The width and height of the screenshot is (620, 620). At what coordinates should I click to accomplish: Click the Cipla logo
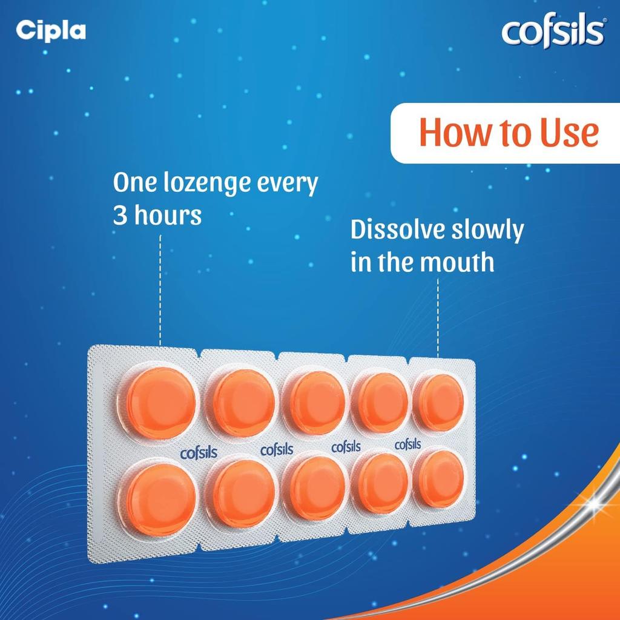(x=51, y=30)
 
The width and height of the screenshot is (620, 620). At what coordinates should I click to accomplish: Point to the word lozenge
(x=216, y=183)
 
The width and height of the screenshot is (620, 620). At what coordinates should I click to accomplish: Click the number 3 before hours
(x=120, y=216)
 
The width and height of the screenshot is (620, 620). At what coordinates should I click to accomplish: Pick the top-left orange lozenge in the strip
(x=161, y=402)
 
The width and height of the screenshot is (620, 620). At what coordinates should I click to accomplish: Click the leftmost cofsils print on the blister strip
(x=199, y=452)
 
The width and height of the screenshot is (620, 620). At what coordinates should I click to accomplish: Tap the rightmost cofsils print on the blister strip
(x=407, y=445)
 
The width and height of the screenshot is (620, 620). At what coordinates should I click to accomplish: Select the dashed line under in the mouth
(x=438, y=318)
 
